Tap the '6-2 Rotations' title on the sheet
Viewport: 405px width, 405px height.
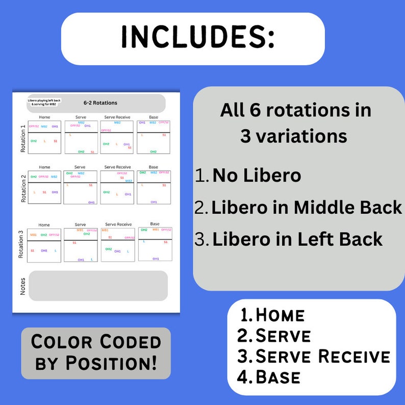point(100,103)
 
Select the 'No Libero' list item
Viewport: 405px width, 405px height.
point(257,175)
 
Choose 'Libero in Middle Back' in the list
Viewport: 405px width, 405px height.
point(307,208)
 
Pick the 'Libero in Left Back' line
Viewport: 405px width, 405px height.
point(297,239)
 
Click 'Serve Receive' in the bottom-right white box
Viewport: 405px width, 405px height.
point(322,356)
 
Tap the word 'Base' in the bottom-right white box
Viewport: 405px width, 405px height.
point(277,377)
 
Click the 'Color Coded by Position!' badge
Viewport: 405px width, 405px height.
point(96,353)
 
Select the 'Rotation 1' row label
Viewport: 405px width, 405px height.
point(22,138)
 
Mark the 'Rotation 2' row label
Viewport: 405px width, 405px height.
point(22,188)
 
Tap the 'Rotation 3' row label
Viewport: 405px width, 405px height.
point(21,244)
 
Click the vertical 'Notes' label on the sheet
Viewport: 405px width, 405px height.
point(22,286)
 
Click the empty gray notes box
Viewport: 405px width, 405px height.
point(98,286)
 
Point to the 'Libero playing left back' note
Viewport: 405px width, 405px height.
point(44,103)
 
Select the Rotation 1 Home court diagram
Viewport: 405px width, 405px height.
point(44,137)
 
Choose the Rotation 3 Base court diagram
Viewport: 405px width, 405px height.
point(155,244)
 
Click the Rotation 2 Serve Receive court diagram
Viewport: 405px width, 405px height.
point(117,187)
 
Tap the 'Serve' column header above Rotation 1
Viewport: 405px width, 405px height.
point(81,117)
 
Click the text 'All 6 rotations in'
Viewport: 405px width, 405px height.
point(295,110)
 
